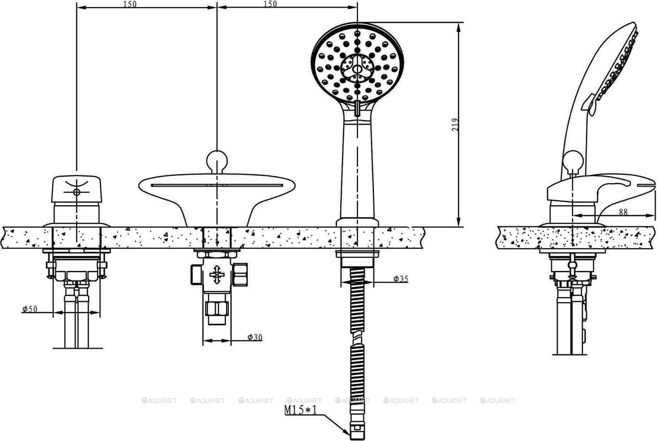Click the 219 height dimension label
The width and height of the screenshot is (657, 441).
pyautogui.click(x=455, y=125)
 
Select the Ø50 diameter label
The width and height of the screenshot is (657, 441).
pyautogui.click(x=30, y=309)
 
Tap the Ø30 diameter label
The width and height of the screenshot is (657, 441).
pyautogui.click(x=255, y=337)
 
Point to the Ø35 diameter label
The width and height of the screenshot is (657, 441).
pyautogui.click(x=401, y=279)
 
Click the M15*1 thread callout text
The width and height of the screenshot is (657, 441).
pyautogui.click(x=301, y=410)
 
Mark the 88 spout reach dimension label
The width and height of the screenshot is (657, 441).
pyautogui.click(x=623, y=212)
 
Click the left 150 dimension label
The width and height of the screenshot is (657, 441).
pyautogui.click(x=130, y=4)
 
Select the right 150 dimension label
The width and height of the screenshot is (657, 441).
pyautogui.click(x=270, y=4)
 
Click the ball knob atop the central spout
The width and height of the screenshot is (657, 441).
pyautogui.click(x=217, y=161)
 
